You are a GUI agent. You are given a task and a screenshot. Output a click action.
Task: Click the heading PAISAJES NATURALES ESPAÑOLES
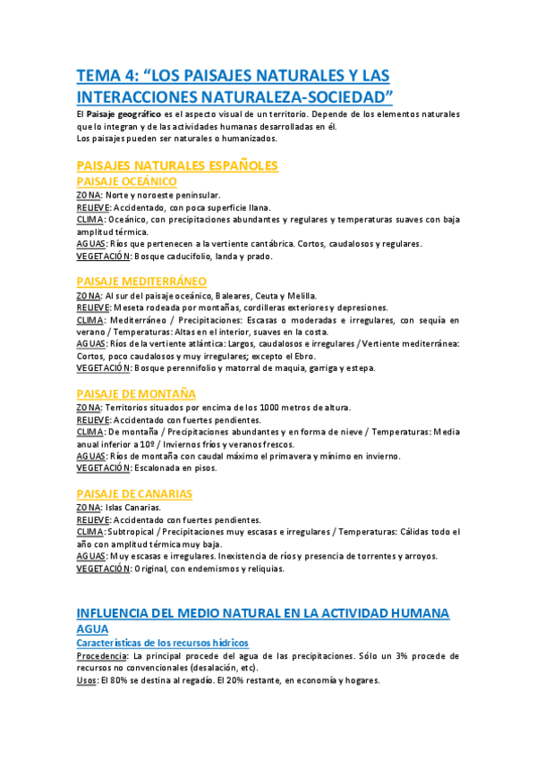(x=178, y=165)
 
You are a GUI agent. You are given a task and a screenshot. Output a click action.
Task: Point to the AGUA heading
(x=93, y=629)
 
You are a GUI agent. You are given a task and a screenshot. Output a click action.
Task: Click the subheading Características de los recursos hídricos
(x=162, y=643)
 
